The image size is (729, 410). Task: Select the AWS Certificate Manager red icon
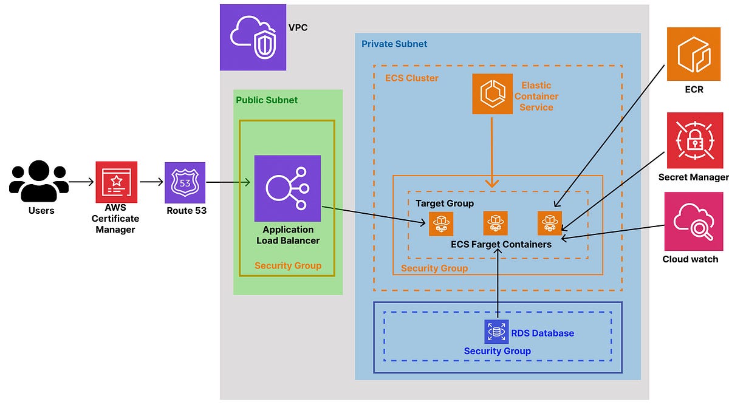(x=116, y=182)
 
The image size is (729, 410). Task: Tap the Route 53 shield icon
(x=185, y=182)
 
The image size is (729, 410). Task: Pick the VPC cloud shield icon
(x=253, y=37)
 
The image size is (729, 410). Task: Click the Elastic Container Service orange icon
(x=493, y=94)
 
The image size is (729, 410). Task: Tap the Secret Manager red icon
(x=695, y=140)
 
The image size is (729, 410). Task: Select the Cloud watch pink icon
(x=694, y=221)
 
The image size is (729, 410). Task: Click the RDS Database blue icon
(x=496, y=332)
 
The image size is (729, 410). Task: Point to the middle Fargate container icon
(x=496, y=224)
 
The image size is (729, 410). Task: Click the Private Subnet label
(x=394, y=44)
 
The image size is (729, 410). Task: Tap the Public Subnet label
(x=267, y=100)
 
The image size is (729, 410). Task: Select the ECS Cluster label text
(x=412, y=78)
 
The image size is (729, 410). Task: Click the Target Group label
(x=445, y=203)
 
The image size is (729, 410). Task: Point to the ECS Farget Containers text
(x=501, y=244)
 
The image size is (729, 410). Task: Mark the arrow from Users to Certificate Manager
(x=81, y=182)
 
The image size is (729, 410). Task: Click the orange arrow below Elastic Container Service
(x=492, y=152)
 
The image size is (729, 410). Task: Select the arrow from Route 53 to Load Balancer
(x=228, y=182)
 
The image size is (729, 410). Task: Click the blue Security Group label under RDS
(x=497, y=351)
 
